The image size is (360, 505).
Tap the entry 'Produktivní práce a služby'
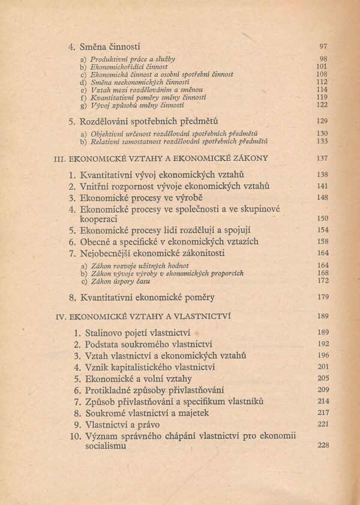coord(133,59)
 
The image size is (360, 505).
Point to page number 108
coord(322,74)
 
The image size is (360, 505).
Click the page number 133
coord(322,141)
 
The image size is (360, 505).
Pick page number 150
coord(322,219)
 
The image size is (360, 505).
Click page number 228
coord(322,446)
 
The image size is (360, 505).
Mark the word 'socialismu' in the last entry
coord(106,447)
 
